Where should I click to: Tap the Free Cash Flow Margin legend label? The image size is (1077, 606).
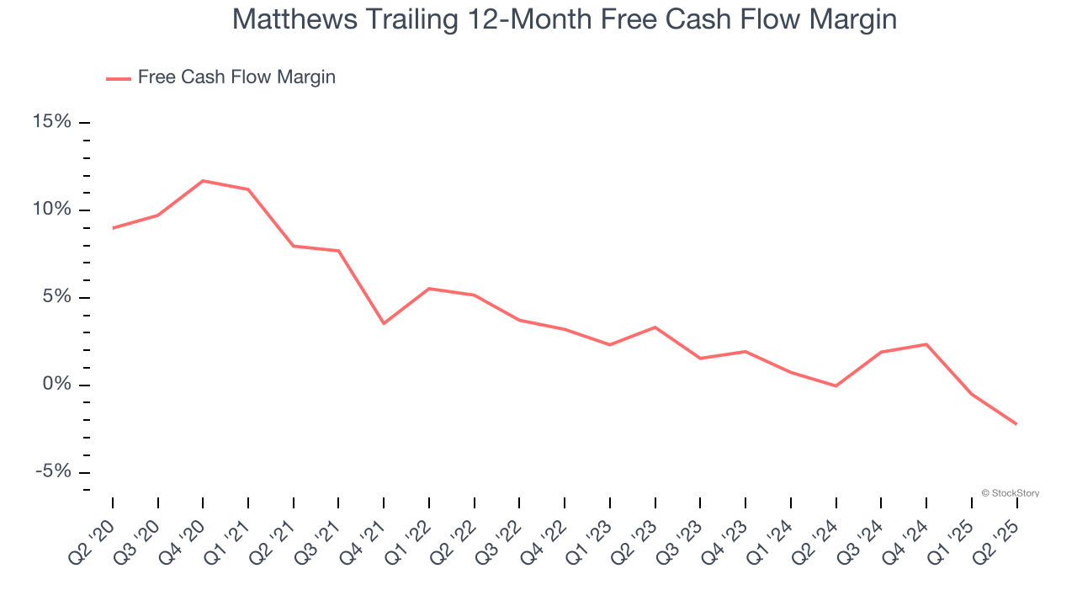click(x=236, y=77)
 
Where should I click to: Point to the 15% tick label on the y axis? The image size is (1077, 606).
click(x=51, y=122)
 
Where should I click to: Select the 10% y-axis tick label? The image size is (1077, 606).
click(x=51, y=210)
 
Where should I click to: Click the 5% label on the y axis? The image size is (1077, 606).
click(x=56, y=297)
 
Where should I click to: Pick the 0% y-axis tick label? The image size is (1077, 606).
click(x=56, y=385)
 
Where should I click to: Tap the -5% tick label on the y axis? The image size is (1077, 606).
click(x=53, y=471)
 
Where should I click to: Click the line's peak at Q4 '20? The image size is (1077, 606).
click(x=203, y=181)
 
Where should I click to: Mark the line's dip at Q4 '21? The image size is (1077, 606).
click(x=384, y=323)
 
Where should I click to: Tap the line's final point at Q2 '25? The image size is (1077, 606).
click(x=1016, y=424)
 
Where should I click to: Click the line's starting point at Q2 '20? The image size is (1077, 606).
click(x=113, y=228)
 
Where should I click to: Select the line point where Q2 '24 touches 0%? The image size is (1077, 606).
click(x=836, y=385)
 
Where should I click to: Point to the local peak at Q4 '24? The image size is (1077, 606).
click(x=926, y=344)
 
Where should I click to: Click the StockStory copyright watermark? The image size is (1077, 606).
click(x=1010, y=493)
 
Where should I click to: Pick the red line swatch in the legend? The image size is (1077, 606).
click(x=118, y=78)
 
